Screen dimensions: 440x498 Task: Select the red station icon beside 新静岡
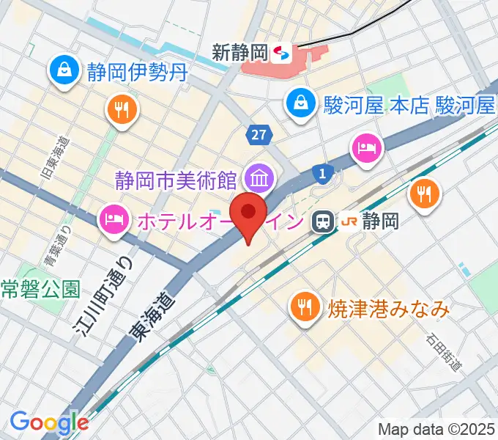tap(280, 53)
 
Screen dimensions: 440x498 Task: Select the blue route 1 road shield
tap(322, 173)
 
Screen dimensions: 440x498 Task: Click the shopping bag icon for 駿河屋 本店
tap(300, 103)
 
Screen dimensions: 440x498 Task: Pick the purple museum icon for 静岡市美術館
tap(259, 177)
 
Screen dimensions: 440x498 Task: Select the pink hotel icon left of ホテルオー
tap(113, 218)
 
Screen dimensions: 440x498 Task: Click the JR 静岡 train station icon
tap(322, 221)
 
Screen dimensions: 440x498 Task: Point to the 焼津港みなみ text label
tap(386, 309)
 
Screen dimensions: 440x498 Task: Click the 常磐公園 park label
tap(40, 288)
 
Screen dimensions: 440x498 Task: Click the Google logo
tap(48, 422)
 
